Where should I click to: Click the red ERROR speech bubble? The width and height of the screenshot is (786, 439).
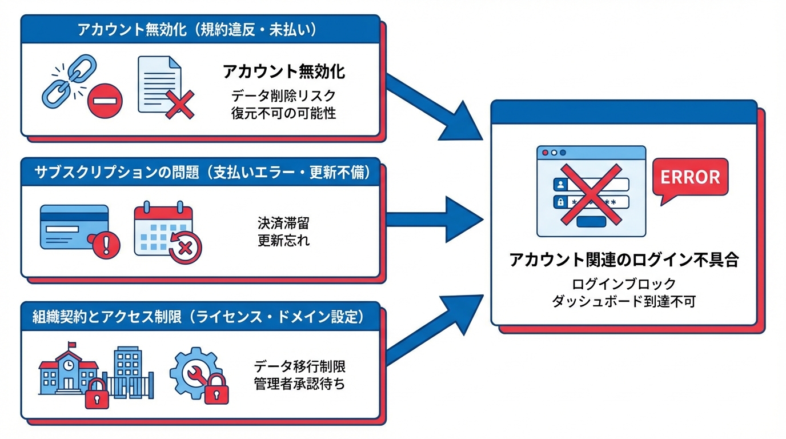pos(690,177)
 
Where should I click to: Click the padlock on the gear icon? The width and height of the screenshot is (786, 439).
pos(216,390)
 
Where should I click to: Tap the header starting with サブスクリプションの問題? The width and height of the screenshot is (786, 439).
pos(199,173)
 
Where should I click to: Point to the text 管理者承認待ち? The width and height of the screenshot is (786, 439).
pos(299,384)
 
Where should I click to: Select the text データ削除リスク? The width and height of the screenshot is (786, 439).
pos(283,95)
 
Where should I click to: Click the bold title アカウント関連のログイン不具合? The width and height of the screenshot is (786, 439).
pos(624,260)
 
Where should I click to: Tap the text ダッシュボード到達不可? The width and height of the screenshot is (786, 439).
pos(624,301)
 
